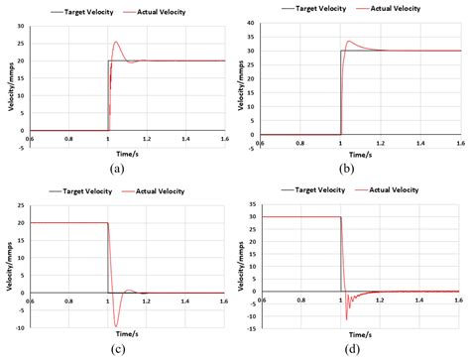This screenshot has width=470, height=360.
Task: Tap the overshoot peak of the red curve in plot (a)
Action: [x=116, y=42]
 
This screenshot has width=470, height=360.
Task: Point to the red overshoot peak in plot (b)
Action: [x=349, y=42]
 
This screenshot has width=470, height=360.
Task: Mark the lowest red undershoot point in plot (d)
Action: [x=346, y=318]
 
